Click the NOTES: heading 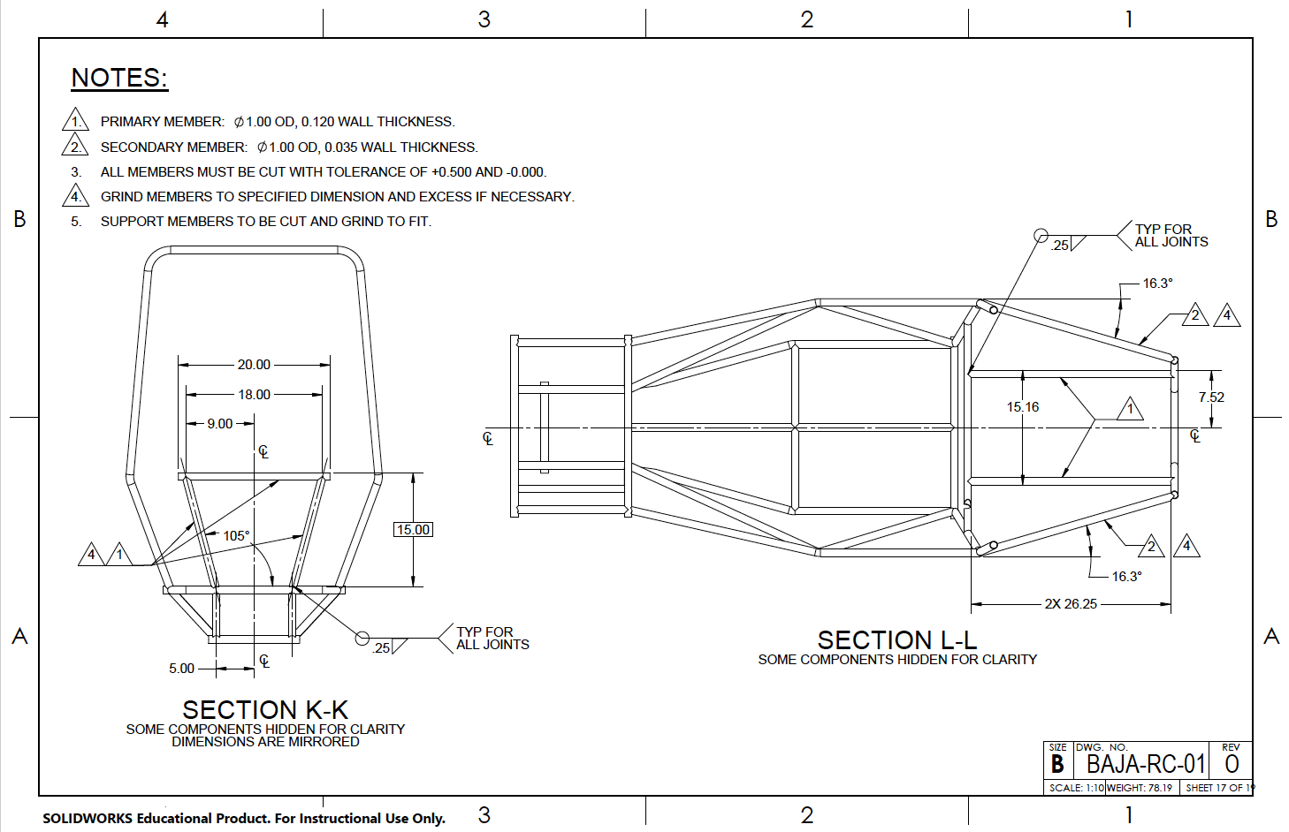tap(119, 78)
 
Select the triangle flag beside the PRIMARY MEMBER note tap(76, 121)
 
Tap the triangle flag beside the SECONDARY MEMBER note tap(76, 147)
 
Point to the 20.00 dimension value tap(254, 365)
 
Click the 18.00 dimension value tap(254, 395)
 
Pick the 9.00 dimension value tap(220, 424)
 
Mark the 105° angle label tap(236, 536)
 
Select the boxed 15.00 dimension tap(413, 530)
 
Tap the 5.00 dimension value tap(181, 669)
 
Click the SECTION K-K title tap(265, 709)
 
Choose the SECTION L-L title tap(897, 639)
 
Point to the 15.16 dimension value tap(1023, 407)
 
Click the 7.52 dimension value tap(1211, 397)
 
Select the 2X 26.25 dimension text tap(1071, 604)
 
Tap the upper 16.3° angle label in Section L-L tap(1157, 284)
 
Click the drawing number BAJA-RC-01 tap(1146, 764)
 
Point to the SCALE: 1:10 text tap(1076, 788)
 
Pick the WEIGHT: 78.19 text tap(1140, 788)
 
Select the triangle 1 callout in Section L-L tap(1130, 410)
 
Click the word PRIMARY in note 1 tap(131, 122)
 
